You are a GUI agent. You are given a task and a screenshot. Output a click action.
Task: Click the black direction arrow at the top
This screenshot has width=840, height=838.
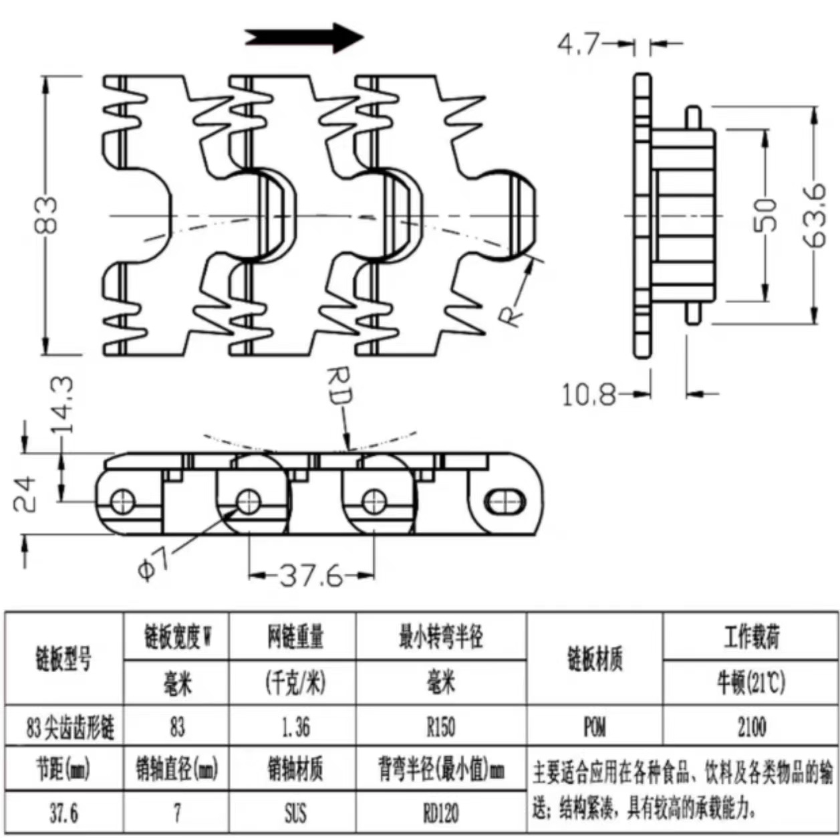click(x=304, y=37)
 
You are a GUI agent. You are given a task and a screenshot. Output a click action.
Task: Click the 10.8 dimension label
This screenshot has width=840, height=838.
click(x=588, y=395)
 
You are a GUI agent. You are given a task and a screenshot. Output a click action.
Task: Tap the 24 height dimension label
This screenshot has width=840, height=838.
click(x=27, y=494)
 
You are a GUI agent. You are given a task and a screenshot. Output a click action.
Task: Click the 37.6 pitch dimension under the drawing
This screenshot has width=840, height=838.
click(x=310, y=574)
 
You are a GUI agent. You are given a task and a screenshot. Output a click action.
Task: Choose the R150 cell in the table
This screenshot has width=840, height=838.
click(x=440, y=726)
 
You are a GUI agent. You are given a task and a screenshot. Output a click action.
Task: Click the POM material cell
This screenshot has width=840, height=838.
click(x=594, y=726)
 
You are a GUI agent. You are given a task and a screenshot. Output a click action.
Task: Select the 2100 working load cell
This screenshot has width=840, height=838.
click(x=751, y=726)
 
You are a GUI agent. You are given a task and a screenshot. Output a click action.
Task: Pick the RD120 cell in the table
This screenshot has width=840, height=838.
click(x=440, y=813)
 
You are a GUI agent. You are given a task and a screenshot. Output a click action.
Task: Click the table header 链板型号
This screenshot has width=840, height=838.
click(x=64, y=659)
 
